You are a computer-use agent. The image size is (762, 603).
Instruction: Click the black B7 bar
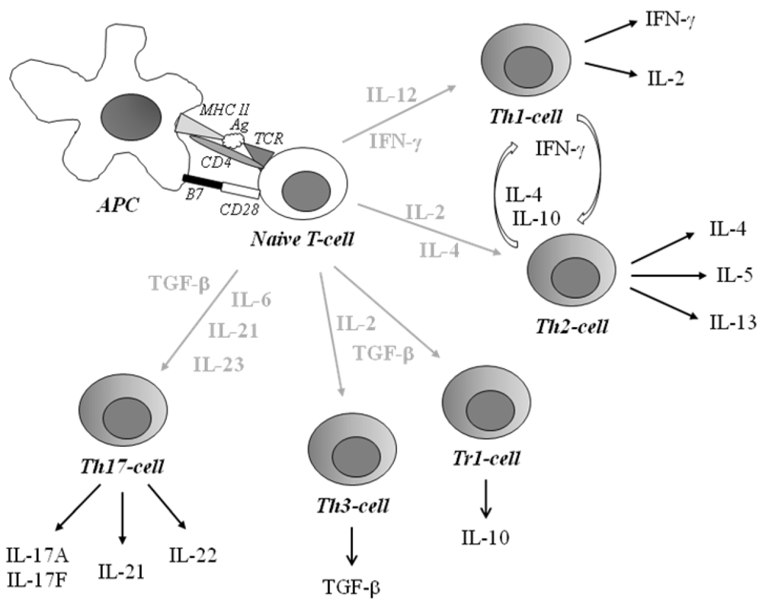pyautogui.click(x=202, y=181)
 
